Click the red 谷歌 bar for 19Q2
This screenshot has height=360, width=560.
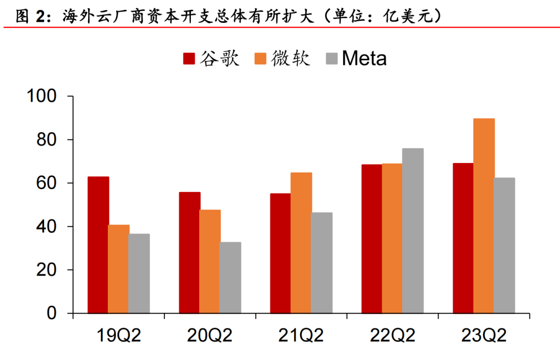point(98,245)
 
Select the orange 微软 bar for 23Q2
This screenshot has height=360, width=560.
point(484,216)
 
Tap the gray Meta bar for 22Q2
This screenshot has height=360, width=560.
point(413,231)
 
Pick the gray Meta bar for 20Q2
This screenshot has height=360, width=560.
point(230,278)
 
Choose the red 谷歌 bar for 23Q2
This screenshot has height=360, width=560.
point(463,238)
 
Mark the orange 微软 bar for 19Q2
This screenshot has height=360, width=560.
point(119,269)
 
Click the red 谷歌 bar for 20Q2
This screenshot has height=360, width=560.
point(190,253)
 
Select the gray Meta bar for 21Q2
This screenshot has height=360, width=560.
point(322,262)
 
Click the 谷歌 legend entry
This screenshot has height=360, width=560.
point(212,58)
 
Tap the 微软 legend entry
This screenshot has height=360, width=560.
point(283,58)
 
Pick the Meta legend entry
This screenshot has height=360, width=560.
point(357,58)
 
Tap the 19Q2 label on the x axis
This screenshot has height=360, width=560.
point(119,335)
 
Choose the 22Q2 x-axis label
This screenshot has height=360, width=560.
point(393,335)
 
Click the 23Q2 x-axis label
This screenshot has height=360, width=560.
point(484,335)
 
